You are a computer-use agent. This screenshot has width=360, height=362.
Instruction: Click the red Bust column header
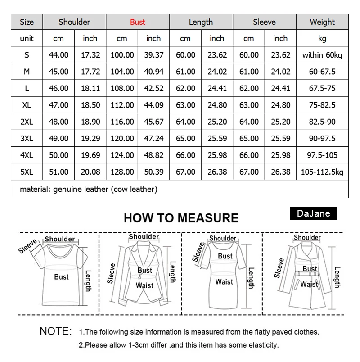click(138, 22)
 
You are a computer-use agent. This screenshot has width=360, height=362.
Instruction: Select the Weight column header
click(322, 22)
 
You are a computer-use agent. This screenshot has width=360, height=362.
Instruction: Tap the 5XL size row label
click(27, 172)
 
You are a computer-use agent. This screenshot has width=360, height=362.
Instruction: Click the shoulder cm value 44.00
click(58, 55)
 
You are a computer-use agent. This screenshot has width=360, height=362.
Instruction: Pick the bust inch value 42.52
click(153, 88)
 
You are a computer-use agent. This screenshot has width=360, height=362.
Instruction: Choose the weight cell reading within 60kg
click(322, 55)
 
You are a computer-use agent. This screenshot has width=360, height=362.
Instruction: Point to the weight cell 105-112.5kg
click(322, 172)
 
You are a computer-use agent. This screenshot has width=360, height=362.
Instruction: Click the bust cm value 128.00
click(122, 172)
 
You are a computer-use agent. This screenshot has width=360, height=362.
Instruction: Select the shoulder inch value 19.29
click(90, 138)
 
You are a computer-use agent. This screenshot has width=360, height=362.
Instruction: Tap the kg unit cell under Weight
click(322, 38)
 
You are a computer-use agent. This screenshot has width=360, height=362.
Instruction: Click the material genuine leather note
click(89, 189)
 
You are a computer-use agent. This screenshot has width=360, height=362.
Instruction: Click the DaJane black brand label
click(313, 213)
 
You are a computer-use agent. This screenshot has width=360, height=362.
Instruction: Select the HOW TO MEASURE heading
click(181, 218)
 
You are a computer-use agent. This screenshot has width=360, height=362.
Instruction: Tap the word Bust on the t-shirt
click(61, 276)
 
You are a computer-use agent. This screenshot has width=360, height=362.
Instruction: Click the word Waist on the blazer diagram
click(144, 285)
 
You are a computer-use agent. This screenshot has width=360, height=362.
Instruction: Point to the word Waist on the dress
click(224, 282)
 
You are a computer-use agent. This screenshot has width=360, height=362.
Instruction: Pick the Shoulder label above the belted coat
click(307, 237)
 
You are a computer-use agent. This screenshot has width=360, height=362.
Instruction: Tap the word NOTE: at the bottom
click(56, 331)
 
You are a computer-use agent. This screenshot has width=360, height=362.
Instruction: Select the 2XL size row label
click(27, 122)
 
